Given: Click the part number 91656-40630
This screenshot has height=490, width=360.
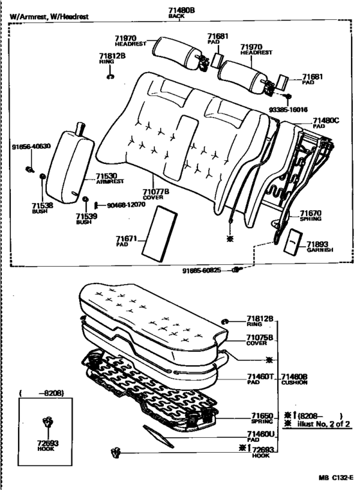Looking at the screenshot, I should click(30, 147).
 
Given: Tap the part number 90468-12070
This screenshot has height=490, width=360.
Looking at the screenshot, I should click(125, 205).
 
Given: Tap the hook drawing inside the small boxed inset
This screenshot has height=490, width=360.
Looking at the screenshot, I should click(46, 423).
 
